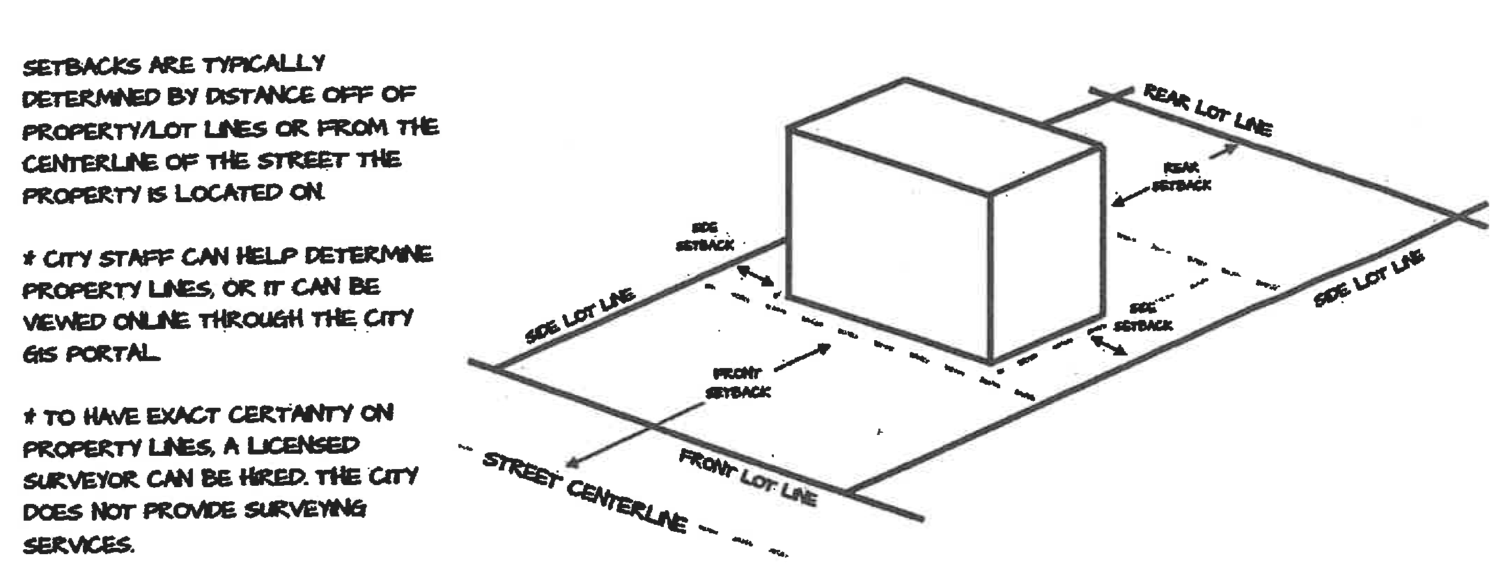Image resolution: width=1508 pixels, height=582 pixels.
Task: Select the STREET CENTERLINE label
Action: click(585, 492)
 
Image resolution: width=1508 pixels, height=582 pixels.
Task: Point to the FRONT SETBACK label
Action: click(738, 383)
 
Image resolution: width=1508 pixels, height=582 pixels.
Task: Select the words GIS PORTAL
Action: click(91, 354)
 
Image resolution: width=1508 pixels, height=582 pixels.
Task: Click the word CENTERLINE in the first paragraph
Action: click(88, 163)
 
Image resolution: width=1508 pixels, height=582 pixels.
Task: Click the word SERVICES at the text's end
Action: click(77, 544)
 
